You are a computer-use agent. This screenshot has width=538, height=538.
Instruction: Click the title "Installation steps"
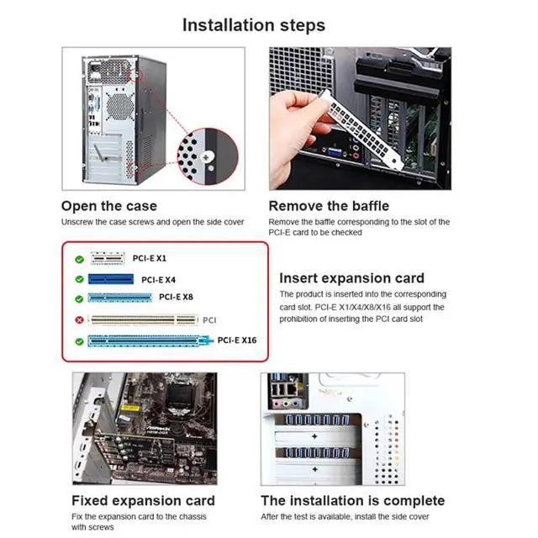click(254, 24)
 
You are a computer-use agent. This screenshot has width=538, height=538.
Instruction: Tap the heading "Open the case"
click(108, 206)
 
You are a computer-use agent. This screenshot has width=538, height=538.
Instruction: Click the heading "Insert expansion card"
click(351, 278)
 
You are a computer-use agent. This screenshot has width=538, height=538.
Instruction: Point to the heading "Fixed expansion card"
click(143, 501)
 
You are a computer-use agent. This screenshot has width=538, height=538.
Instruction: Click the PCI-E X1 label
click(149, 258)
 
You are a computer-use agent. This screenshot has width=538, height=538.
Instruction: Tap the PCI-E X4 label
click(158, 280)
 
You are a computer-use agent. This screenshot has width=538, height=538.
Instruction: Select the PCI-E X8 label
click(176, 297)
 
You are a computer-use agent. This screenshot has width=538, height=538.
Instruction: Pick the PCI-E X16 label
click(236, 340)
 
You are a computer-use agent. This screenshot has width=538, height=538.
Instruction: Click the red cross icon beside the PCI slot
click(79, 320)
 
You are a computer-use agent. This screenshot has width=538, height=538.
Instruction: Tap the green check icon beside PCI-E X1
click(79, 260)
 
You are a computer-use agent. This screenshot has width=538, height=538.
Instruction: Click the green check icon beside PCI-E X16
click(79, 342)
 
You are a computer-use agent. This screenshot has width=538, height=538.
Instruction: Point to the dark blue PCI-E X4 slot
click(110, 279)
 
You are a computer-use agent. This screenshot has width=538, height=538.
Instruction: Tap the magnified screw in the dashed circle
click(207, 157)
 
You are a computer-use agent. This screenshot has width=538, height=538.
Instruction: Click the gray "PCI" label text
click(210, 320)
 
